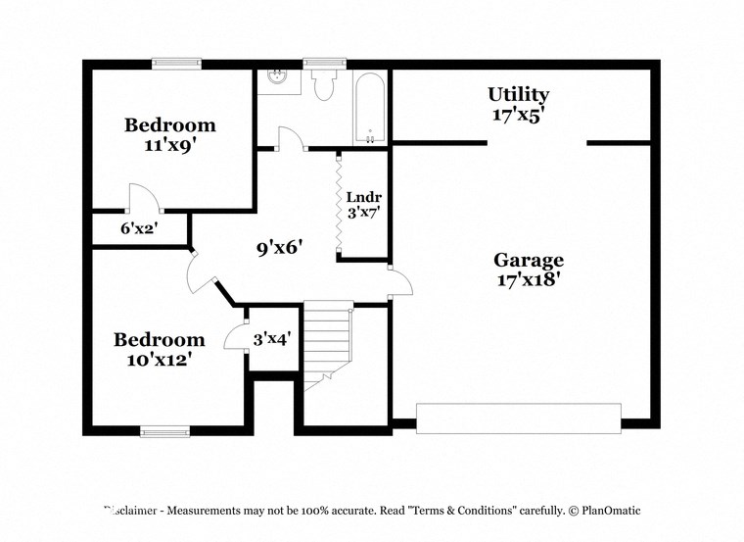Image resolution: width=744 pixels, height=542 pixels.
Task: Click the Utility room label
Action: click(x=518, y=95)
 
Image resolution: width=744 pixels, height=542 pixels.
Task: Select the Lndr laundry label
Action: click(x=358, y=194)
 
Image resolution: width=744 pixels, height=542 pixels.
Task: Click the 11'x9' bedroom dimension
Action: click(x=169, y=143)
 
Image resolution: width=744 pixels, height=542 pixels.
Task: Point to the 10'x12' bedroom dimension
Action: click(x=159, y=359)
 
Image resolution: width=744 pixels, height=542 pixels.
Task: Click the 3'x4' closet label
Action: click(x=272, y=339)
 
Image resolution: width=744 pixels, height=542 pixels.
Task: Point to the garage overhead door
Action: click(x=519, y=418)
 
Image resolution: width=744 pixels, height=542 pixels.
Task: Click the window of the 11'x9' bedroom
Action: click(x=176, y=64)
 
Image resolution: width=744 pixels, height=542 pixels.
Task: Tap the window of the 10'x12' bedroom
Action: click(x=164, y=430)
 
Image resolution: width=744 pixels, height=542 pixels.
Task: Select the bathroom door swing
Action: click(x=290, y=139)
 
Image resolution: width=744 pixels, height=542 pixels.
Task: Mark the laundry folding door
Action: click(x=338, y=204)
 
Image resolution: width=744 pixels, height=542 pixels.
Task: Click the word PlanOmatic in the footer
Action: click(x=608, y=511)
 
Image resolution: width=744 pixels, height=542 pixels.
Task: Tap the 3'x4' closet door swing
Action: click(x=235, y=337)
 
